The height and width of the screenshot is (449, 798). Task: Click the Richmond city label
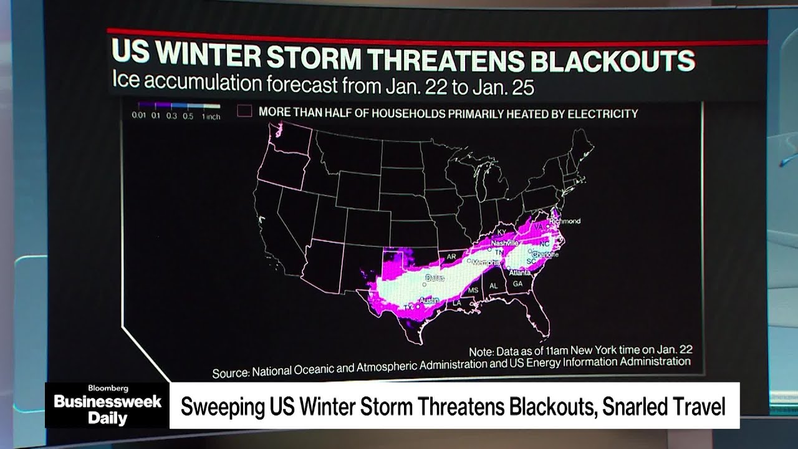(x=565, y=221)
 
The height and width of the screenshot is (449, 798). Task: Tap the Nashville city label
(x=504, y=243)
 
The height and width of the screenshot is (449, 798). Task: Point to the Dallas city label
(x=435, y=278)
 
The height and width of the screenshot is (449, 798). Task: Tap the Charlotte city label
(x=546, y=254)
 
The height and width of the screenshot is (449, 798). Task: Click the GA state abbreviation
(x=517, y=283)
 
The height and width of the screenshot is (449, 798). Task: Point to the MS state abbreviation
(x=473, y=291)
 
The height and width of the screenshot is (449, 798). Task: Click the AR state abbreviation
(x=452, y=256)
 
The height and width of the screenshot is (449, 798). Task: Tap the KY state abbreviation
(x=502, y=233)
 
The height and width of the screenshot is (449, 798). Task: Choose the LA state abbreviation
(x=456, y=302)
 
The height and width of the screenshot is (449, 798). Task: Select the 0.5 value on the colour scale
(x=188, y=117)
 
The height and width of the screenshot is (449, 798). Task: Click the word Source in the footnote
(x=231, y=373)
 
